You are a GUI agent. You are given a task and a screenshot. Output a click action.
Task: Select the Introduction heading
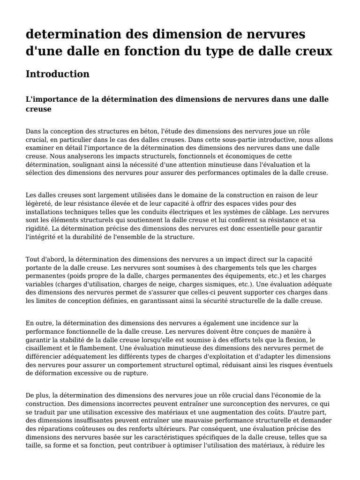pos(57,74)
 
